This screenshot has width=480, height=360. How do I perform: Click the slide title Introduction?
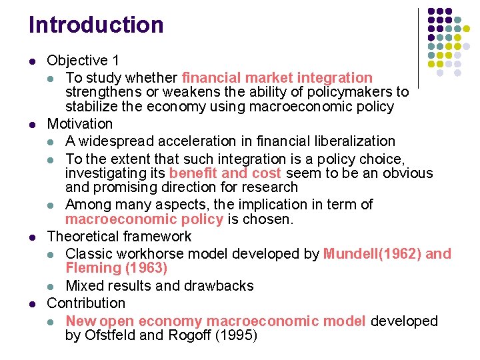click(96, 25)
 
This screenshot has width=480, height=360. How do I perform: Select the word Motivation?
click(80, 124)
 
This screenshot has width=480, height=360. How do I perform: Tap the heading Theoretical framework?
click(119, 237)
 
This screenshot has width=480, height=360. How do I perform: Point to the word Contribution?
click(86, 303)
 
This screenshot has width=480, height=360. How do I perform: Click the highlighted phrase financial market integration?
click(277, 78)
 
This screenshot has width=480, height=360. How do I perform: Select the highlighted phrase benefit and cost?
click(225, 173)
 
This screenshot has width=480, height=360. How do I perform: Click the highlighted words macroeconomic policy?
click(144, 220)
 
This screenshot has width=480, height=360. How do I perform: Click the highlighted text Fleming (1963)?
click(117, 269)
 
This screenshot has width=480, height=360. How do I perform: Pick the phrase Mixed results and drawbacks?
click(159, 286)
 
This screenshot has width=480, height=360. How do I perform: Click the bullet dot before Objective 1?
click(33, 61)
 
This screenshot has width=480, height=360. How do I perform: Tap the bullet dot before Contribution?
click(33, 304)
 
